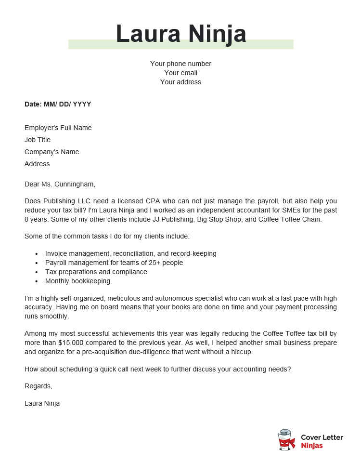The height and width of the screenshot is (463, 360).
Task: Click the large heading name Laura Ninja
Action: point(180,34)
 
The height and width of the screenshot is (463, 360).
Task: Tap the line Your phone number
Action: point(180,64)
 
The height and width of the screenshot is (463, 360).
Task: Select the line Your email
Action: point(180,73)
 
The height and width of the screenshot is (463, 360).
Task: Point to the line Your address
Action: point(180,82)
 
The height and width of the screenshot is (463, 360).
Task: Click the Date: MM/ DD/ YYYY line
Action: point(58,104)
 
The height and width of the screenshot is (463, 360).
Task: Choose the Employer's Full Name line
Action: point(58,128)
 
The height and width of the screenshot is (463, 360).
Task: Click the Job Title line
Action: point(38,140)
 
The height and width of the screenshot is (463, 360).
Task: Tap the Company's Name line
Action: point(51,152)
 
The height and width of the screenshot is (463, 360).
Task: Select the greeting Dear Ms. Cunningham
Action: point(60,184)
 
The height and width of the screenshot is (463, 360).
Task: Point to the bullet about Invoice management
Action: point(130,253)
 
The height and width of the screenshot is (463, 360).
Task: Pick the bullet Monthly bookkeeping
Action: point(78,281)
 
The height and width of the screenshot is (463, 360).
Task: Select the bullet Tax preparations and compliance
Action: point(96,272)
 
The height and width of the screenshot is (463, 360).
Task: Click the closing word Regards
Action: point(38,386)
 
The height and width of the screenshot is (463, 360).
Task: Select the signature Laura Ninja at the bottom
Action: point(42,403)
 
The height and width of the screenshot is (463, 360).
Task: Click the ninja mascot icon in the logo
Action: point(286,440)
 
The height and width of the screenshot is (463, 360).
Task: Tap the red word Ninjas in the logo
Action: point(311,446)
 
